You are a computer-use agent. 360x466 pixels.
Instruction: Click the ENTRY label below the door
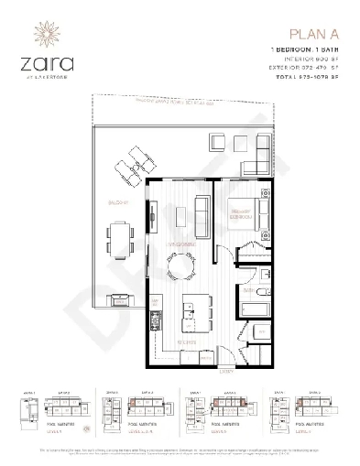point(227,372)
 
